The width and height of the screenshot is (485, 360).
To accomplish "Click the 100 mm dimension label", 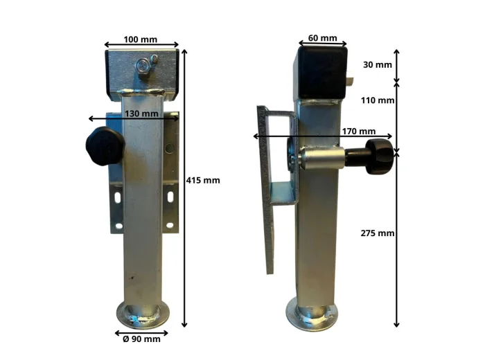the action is coord(141,39).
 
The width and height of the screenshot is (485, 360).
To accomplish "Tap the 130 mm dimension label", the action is coord(141,114).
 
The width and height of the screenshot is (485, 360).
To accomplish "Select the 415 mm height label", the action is coord(203,180).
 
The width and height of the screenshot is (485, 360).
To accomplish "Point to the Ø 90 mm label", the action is coord(141,339).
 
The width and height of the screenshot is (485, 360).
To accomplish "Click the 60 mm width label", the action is coord(323,38).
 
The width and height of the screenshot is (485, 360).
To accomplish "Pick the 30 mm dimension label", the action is coord(378,64).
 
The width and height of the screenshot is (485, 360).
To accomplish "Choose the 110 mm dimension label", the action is coord(378,100).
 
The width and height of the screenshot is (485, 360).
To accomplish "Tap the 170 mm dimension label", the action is coord(359,132).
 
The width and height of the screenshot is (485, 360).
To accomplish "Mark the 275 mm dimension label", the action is coord(378,233).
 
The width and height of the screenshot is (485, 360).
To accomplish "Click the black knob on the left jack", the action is coord(105,146).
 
